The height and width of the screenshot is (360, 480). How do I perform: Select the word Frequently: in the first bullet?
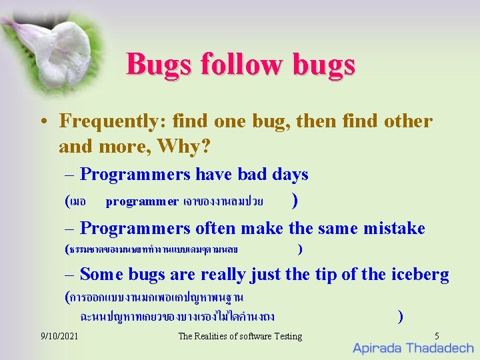[x=113, y=121]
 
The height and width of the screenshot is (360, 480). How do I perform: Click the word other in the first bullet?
[x=409, y=121]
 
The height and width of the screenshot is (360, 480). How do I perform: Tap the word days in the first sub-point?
[x=290, y=175]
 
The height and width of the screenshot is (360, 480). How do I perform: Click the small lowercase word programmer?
[x=142, y=201]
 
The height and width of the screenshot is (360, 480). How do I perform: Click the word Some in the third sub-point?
[x=101, y=274]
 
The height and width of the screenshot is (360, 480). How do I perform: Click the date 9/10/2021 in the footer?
[x=59, y=336]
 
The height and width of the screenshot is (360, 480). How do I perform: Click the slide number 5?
[x=437, y=336]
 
